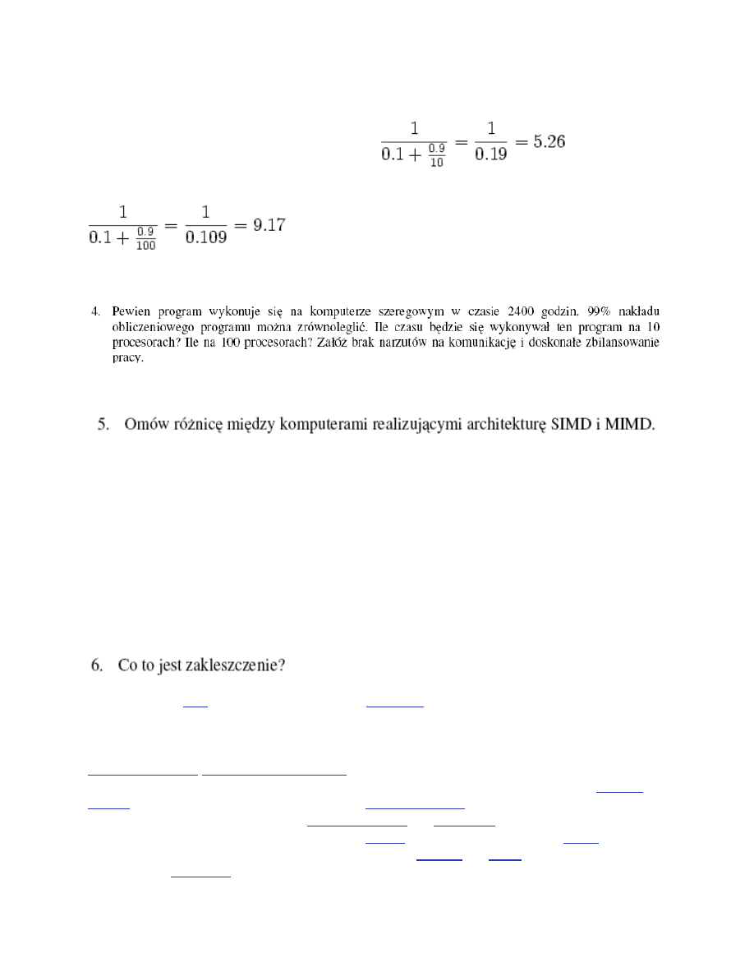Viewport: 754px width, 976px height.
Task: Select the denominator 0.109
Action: [205, 245]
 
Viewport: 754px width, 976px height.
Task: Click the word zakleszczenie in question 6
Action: [243, 665]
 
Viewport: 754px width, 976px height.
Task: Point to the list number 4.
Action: [96, 311]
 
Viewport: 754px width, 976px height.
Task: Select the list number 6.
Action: [96, 665]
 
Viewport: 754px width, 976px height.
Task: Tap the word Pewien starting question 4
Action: [131, 311]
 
